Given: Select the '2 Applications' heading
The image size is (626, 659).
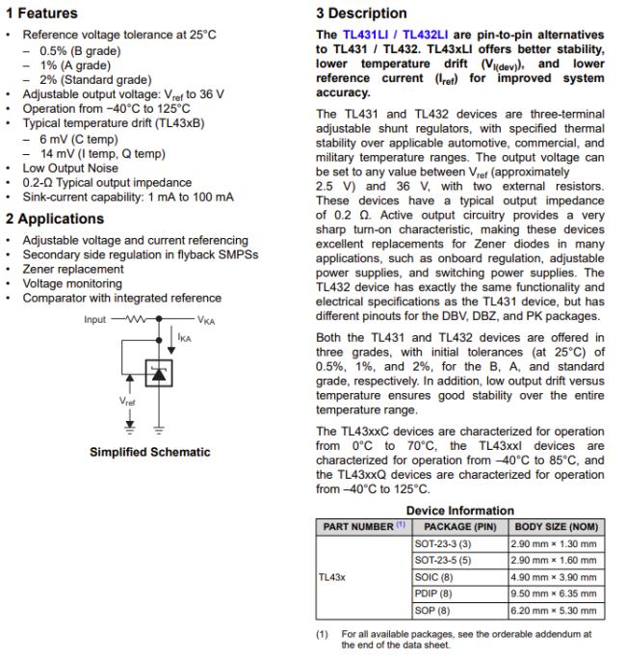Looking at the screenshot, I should pos(54,219).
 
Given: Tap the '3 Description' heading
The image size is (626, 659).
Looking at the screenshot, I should pos(361,13).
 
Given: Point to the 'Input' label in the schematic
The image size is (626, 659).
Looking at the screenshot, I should pos(95,319).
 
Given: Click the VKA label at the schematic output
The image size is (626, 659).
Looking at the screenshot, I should pos(207,319).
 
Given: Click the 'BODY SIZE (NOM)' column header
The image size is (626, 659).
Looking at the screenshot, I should pos(556,526).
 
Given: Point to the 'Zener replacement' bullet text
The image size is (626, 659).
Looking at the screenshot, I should pos(73,270).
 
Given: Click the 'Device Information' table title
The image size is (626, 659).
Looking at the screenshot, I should pos(459,510).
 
